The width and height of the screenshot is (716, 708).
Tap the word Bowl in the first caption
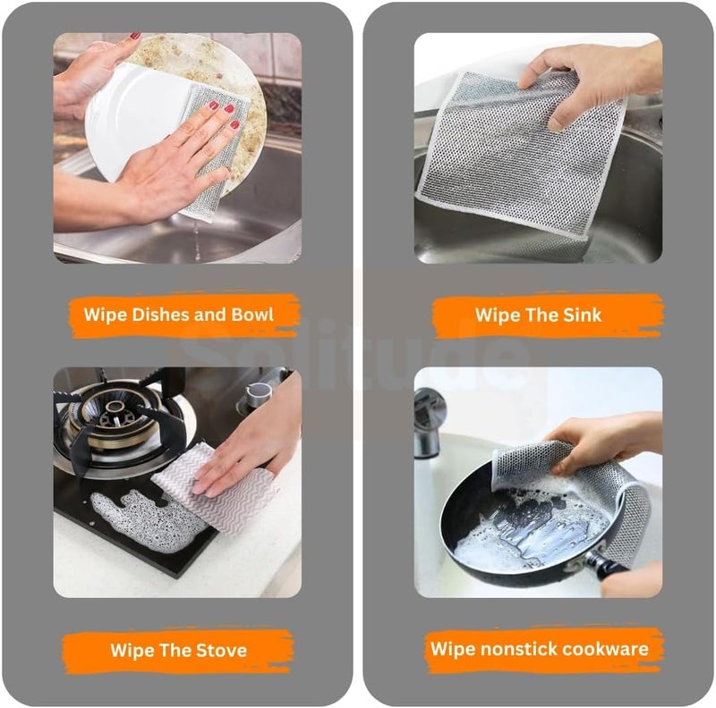pyautogui.click(x=252, y=315)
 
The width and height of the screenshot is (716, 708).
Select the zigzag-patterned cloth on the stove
pyautogui.click(x=215, y=488)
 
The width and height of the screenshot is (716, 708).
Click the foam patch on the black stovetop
pyautogui.click(x=146, y=520)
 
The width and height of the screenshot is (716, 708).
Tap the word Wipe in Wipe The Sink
pyautogui.click(x=494, y=316)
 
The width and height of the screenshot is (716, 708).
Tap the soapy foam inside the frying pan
pyautogui.click(x=525, y=529)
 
